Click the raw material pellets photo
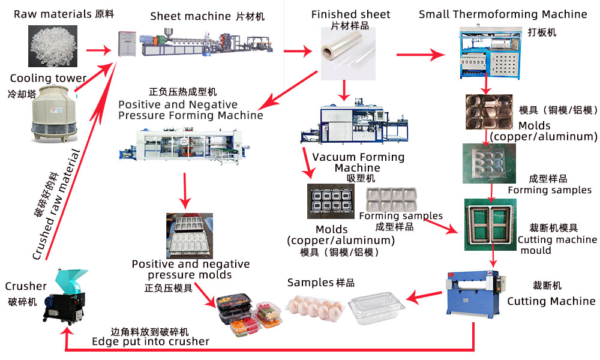point(53,46)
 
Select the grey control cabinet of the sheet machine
point(127,43)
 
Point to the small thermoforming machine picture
point(490,52)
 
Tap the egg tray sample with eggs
point(315,307)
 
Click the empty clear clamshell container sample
point(376,308)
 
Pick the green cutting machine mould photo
point(490,224)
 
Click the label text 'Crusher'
point(26,286)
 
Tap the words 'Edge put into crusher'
point(151,341)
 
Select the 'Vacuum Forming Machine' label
point(358,162)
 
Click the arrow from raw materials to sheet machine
point(99,50)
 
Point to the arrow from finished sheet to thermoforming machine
point(421,55)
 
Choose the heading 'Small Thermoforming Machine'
point(503,14)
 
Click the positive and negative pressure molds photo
point(190,236)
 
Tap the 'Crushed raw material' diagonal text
point(56,205)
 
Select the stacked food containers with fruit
point(250,314)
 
